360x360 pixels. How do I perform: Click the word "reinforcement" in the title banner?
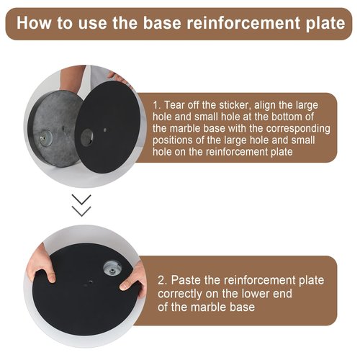pyautogui.click(x=243, y=23)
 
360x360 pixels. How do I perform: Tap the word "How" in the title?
pyautogui.click(x=34, y=23)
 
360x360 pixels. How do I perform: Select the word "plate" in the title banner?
pyautogui.click(x=325, y=24)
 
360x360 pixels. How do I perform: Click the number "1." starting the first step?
pyautogui.click(x=157, y=105)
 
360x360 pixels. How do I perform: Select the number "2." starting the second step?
pyautogui.click(x=162, y=280)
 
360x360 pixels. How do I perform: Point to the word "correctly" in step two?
pyautogui.click(x=180, y=294)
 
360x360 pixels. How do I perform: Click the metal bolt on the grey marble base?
pyautogui.click(x=45, y=138)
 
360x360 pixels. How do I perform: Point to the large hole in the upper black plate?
pyautogui.click(x=87, y=138)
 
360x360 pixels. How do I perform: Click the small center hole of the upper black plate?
pyautogui.click(x=105, y=130)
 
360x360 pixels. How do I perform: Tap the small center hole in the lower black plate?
pyautogui.click(x=90, y=282)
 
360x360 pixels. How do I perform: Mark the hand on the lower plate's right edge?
pyautogui.click(x=135, y=279)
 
